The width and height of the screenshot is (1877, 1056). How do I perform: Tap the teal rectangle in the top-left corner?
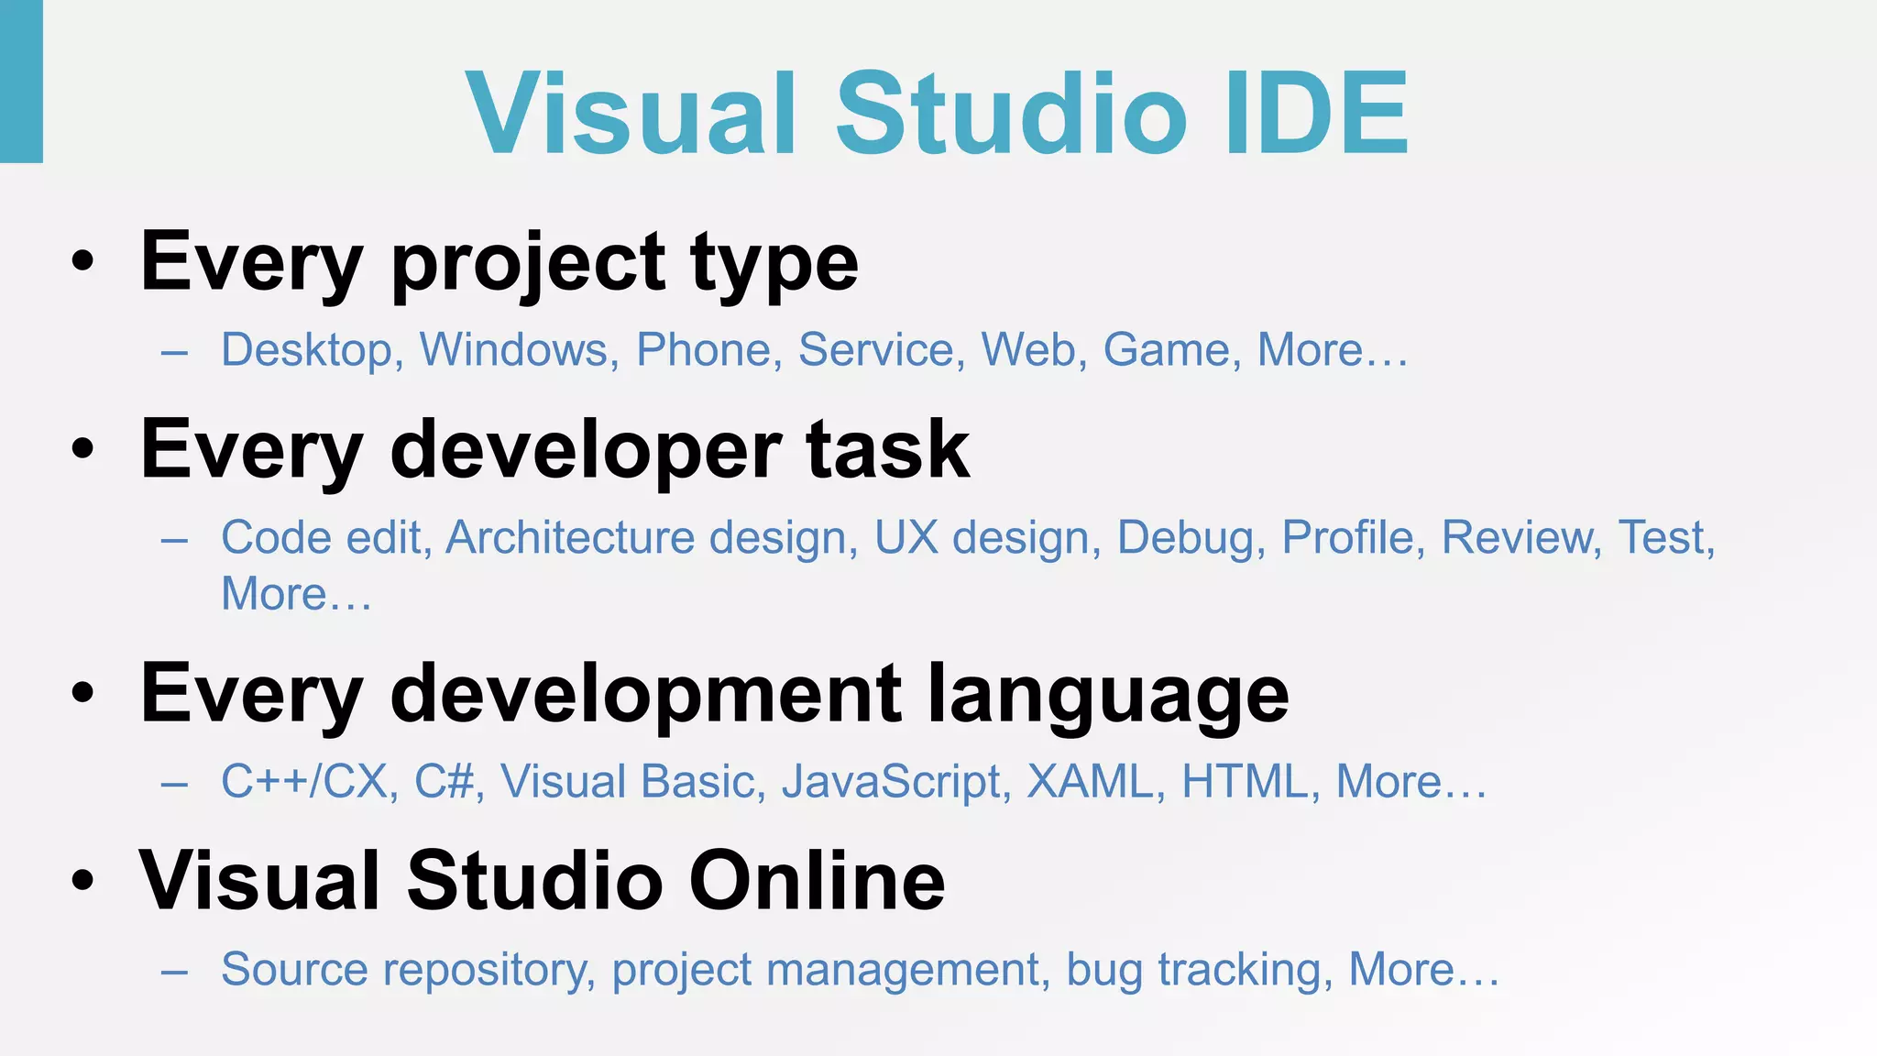(x=21, y=81)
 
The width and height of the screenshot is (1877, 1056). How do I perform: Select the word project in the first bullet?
(x=528, y=264)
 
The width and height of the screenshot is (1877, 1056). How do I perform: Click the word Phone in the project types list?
(x=704, y=349)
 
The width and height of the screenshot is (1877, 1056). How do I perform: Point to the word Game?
(x=1166, y=349)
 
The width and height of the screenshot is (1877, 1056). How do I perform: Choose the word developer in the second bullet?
(x=586, y=451)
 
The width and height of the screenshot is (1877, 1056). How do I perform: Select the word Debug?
(x=1184, y=539)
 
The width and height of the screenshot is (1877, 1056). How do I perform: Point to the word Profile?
(x=1347, y=537)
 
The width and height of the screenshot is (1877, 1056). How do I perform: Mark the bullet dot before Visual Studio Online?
(x=82, y=881)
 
